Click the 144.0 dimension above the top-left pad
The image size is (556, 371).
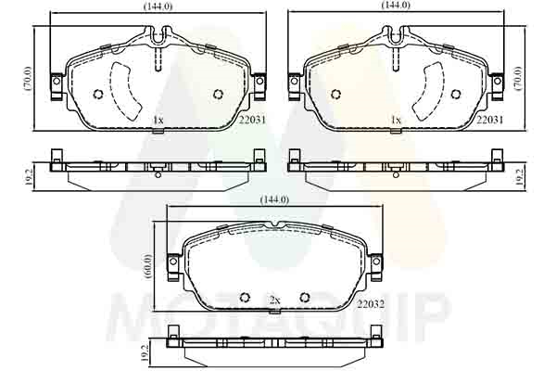coord(158,6)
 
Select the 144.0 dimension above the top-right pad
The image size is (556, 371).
coord(396,5)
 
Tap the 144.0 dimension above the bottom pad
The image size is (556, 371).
coord(274,200)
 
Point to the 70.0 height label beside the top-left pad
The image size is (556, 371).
coord(29,79)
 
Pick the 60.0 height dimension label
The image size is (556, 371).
coord(148,266)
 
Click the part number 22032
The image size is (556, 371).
coord(371,304)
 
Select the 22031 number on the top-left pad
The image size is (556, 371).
coord(252,120)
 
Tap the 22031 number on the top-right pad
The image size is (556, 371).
coord(489,120)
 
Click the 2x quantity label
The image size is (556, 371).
coord(274,301)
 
